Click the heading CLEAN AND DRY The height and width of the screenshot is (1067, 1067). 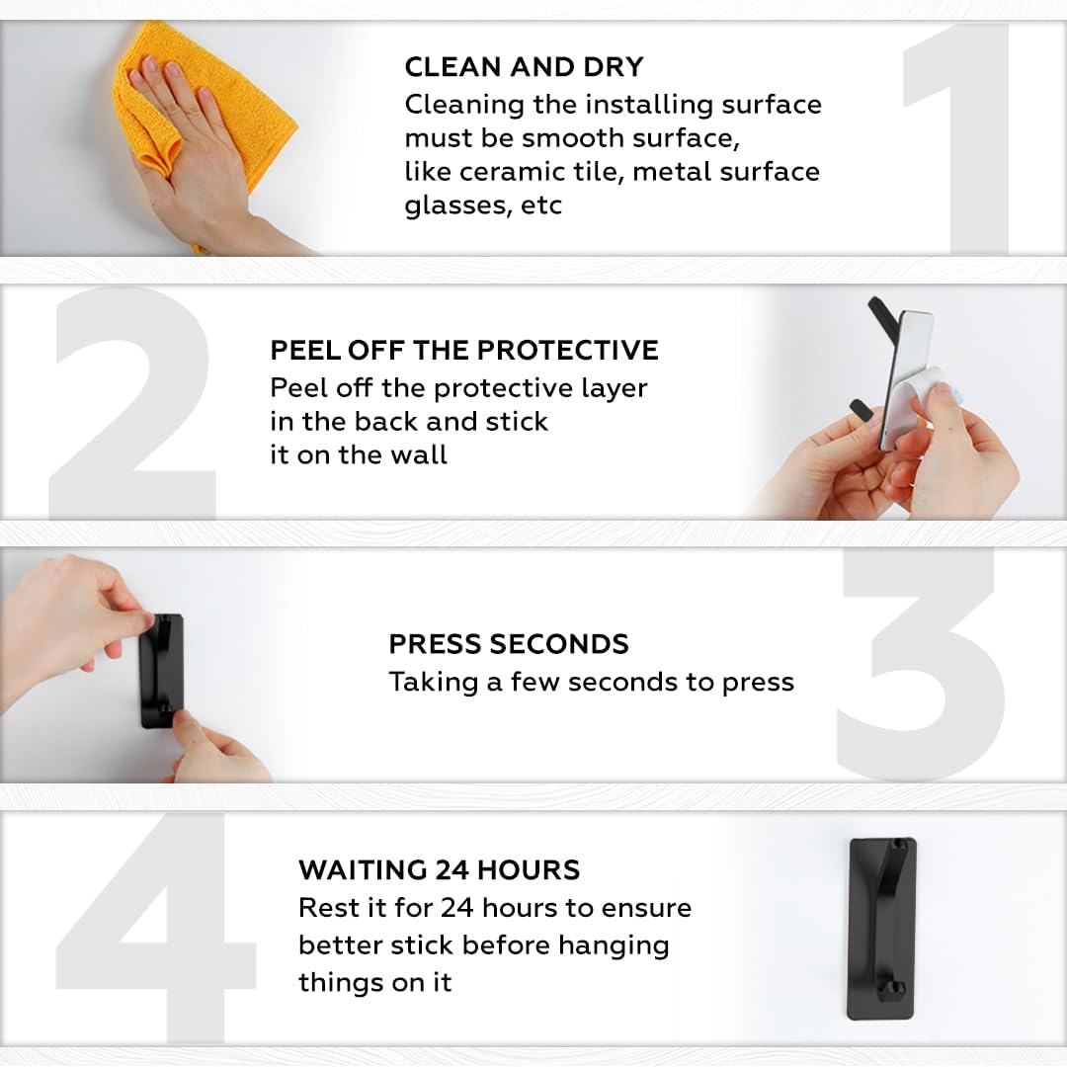(524, 67)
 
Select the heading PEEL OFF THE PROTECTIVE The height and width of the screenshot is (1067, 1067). (464, 350)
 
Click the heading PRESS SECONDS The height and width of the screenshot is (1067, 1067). (509, 644)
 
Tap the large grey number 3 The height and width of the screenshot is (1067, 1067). (922, 664)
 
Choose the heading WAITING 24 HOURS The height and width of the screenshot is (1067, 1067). (440, 869)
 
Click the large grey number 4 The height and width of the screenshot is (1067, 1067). (155, 928)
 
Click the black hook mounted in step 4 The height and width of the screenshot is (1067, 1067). (882, 929)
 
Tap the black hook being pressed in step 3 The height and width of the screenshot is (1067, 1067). (161, 671)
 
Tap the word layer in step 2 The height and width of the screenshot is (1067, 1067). (614, 388)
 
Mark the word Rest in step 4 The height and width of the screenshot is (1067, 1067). (325, 908)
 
